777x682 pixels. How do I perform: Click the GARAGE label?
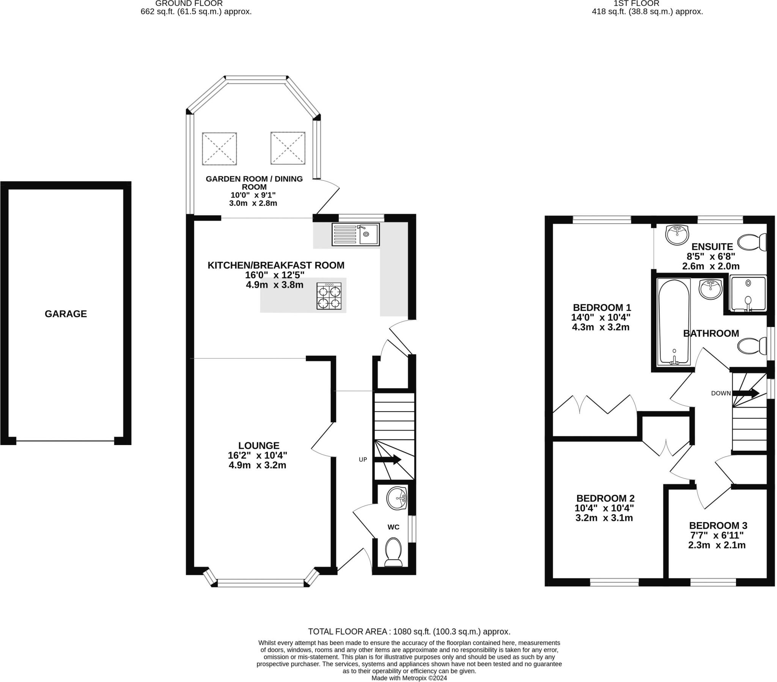pos(66,314)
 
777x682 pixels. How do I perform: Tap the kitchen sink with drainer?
pos(355,234)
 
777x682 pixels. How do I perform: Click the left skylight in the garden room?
pos(219,149)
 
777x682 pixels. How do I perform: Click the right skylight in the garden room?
pos(288,148)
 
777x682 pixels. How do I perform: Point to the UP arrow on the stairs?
pos(388,459)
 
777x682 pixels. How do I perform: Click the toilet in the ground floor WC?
pos(393,552)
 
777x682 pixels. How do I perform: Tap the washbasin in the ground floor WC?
pos(396,498)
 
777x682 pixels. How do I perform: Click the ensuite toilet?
pos(752,242)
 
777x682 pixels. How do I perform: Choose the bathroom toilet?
pos(752,346)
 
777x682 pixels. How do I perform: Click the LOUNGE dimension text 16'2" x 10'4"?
pos(257,455)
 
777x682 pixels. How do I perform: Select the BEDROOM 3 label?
pos(718,526)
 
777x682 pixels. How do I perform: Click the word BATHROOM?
pos(711,333)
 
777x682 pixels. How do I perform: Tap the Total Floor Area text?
pos(409,632)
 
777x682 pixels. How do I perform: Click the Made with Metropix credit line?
pos(409,678)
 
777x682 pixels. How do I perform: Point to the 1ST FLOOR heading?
pos(647,3)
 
